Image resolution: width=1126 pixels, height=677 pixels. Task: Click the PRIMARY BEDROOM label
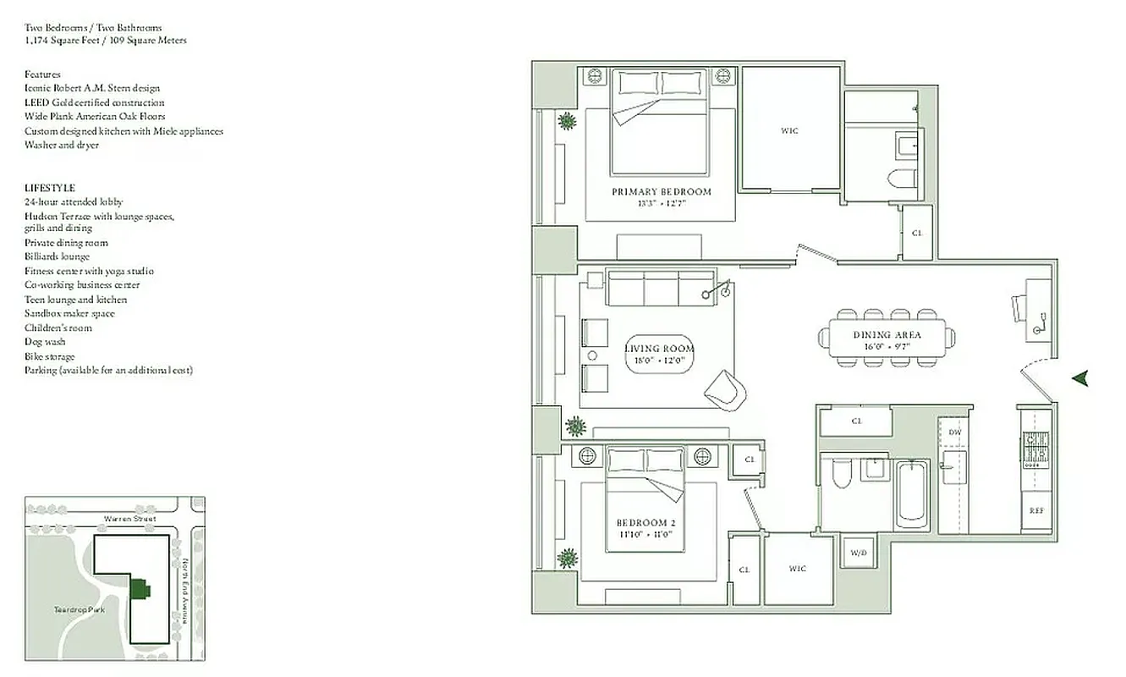[x=662, y=192]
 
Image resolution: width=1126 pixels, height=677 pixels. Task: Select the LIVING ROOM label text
[x=659, y=349]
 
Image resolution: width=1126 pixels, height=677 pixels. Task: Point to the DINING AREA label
[x=887, y=335]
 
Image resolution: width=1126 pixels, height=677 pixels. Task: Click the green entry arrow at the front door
[x=1079, y=378]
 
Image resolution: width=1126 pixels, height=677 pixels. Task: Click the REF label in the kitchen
[x=1036, y=511]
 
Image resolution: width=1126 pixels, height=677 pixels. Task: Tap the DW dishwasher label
[x=955, y=432]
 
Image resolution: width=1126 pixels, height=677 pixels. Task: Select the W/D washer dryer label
[x=858, y=553]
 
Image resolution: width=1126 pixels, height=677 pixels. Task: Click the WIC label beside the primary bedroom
[x=789, y=131]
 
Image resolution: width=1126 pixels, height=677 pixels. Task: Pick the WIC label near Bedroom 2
[x=798, y=569]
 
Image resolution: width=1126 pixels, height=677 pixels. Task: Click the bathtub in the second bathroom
[x=912, y=494]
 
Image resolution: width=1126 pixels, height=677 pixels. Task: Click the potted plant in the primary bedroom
[x=566, y=121]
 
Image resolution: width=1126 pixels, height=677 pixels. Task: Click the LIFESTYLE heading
[x=50, y=188]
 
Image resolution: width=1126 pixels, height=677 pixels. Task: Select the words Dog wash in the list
[x=45, y=342]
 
